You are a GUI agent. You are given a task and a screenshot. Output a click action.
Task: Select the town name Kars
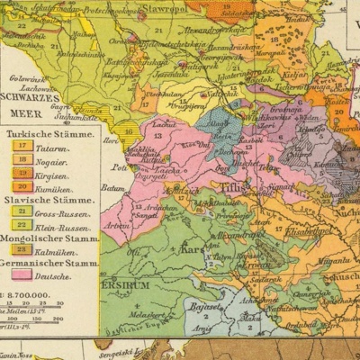click(193, 247)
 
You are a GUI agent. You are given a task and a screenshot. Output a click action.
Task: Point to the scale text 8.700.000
click(31, 294)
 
